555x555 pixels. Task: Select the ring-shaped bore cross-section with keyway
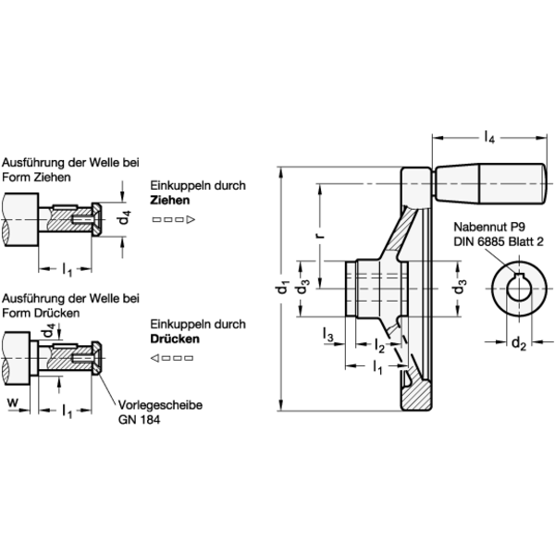(x=519, y=289)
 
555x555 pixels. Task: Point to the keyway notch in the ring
(x=519, y=275)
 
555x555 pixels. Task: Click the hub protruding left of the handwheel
(x=363, y=289)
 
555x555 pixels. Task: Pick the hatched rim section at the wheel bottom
(x=416, y=396)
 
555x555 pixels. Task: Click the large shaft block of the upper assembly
(x=19, y=219)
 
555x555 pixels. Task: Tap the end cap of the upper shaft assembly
(x=96, y=219)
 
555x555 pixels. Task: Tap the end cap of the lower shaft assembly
(x=96, y=358)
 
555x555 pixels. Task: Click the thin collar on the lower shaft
(x=33, y=358)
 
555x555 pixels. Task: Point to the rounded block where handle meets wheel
(x=417, y=182)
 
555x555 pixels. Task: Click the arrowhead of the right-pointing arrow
(x=190, y=219)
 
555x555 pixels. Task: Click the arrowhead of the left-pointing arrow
(x=155, y=358)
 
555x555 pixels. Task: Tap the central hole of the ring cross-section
(x=519, y=290)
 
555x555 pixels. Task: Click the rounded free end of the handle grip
(x=540, y=182)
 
